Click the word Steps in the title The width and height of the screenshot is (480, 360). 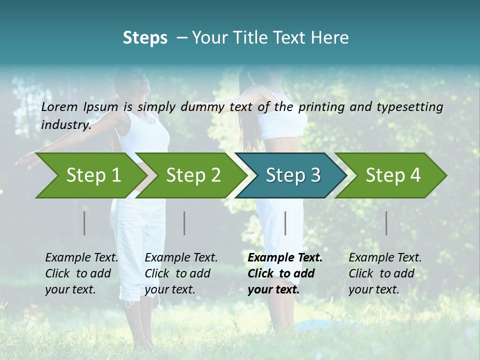pos(145,38)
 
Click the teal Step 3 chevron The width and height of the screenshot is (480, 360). pos(293,175)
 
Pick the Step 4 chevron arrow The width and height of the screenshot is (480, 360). pos(393,175)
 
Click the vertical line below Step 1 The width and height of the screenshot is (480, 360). pos(84,223)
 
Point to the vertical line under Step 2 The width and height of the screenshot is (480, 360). pos(184,223)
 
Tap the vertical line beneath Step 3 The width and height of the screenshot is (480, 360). pos(285,223)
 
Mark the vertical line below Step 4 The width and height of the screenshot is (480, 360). pos(386,223)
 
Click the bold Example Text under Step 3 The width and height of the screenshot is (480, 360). pos(284,273)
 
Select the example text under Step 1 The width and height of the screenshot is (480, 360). pos(81,273)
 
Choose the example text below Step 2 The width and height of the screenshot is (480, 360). pos(181,273)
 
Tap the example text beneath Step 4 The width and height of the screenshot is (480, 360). pos(385,273)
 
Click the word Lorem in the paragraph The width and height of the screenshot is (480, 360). pos(59,106)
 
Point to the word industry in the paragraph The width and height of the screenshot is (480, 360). pos(66,124)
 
